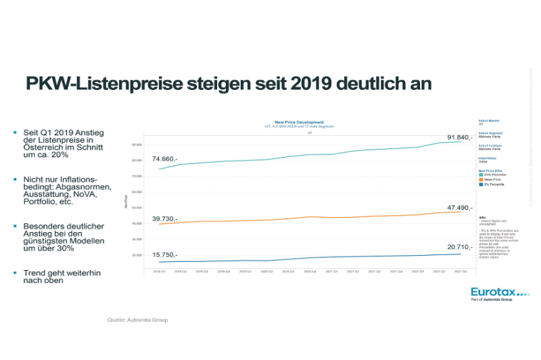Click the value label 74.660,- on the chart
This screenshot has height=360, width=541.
click(164, 158)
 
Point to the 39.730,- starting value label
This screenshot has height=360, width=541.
click(164, 219)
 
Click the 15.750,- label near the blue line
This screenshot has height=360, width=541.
click(164, 254)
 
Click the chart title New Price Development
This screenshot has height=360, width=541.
click(300, 122)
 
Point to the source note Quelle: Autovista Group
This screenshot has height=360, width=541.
click(138, 319)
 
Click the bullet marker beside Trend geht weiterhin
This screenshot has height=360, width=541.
click(15, 272)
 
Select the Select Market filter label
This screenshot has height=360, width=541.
click(488, 120)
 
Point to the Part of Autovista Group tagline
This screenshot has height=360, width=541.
click(491, 299)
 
